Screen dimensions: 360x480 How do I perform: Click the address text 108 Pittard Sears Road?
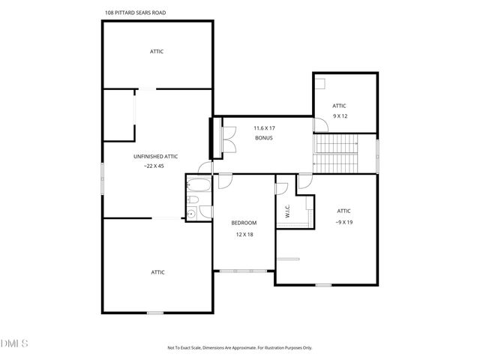(x=136, y=12)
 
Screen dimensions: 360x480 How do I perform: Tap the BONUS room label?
(x=262, y=138)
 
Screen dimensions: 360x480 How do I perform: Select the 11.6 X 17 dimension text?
(x=262, y=128)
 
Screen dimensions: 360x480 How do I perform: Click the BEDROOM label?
(x=244, y=223)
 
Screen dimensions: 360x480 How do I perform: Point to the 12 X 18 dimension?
(x=244, y=234)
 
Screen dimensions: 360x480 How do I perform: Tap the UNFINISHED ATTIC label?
(x=155, y=156)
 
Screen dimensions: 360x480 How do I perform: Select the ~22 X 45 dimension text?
(x=155, y=166)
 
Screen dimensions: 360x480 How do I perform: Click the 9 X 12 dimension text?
(x=340, y=116)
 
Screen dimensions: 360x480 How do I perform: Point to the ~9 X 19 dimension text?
(x=344, y=222)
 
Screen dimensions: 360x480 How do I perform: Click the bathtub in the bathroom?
(x=199, y=185)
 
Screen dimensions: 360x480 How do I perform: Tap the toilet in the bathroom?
(x=192, y=200)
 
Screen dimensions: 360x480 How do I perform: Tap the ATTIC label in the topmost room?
(x=156, y=51)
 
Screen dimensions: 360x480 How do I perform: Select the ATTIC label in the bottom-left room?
(x=157, y=271)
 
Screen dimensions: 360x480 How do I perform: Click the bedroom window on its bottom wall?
(x=243, y=270)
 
